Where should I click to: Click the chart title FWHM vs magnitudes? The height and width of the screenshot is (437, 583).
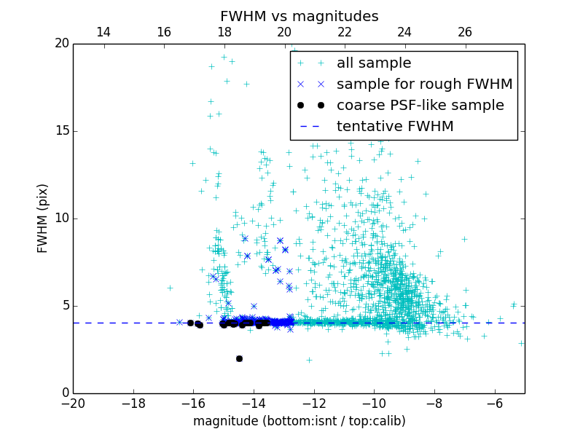[x=299, y=16]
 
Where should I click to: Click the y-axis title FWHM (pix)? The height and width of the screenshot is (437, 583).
[x=43, y=218]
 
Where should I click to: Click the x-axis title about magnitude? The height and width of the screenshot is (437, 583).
[x=299, y=421]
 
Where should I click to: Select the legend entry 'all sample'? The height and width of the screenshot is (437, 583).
[x=374, y=63]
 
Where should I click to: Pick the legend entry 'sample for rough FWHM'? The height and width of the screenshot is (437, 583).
[x=424, y=84]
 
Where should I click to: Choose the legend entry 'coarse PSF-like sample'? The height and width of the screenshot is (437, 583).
[x=420, y=106]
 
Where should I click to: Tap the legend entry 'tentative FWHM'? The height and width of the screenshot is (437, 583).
[x=395, y=127]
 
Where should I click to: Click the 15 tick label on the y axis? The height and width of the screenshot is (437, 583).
[x=61, y=131]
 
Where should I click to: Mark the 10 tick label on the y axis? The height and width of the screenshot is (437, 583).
[x=61, y=219]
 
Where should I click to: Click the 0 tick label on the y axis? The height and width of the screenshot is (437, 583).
[x=64, y=393]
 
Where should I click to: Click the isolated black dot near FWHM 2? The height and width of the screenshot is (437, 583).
[x=239, y=358]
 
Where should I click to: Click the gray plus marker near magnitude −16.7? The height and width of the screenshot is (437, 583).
[x=170, y=288]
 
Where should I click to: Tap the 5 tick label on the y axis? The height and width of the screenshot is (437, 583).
[x=64, y=306]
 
